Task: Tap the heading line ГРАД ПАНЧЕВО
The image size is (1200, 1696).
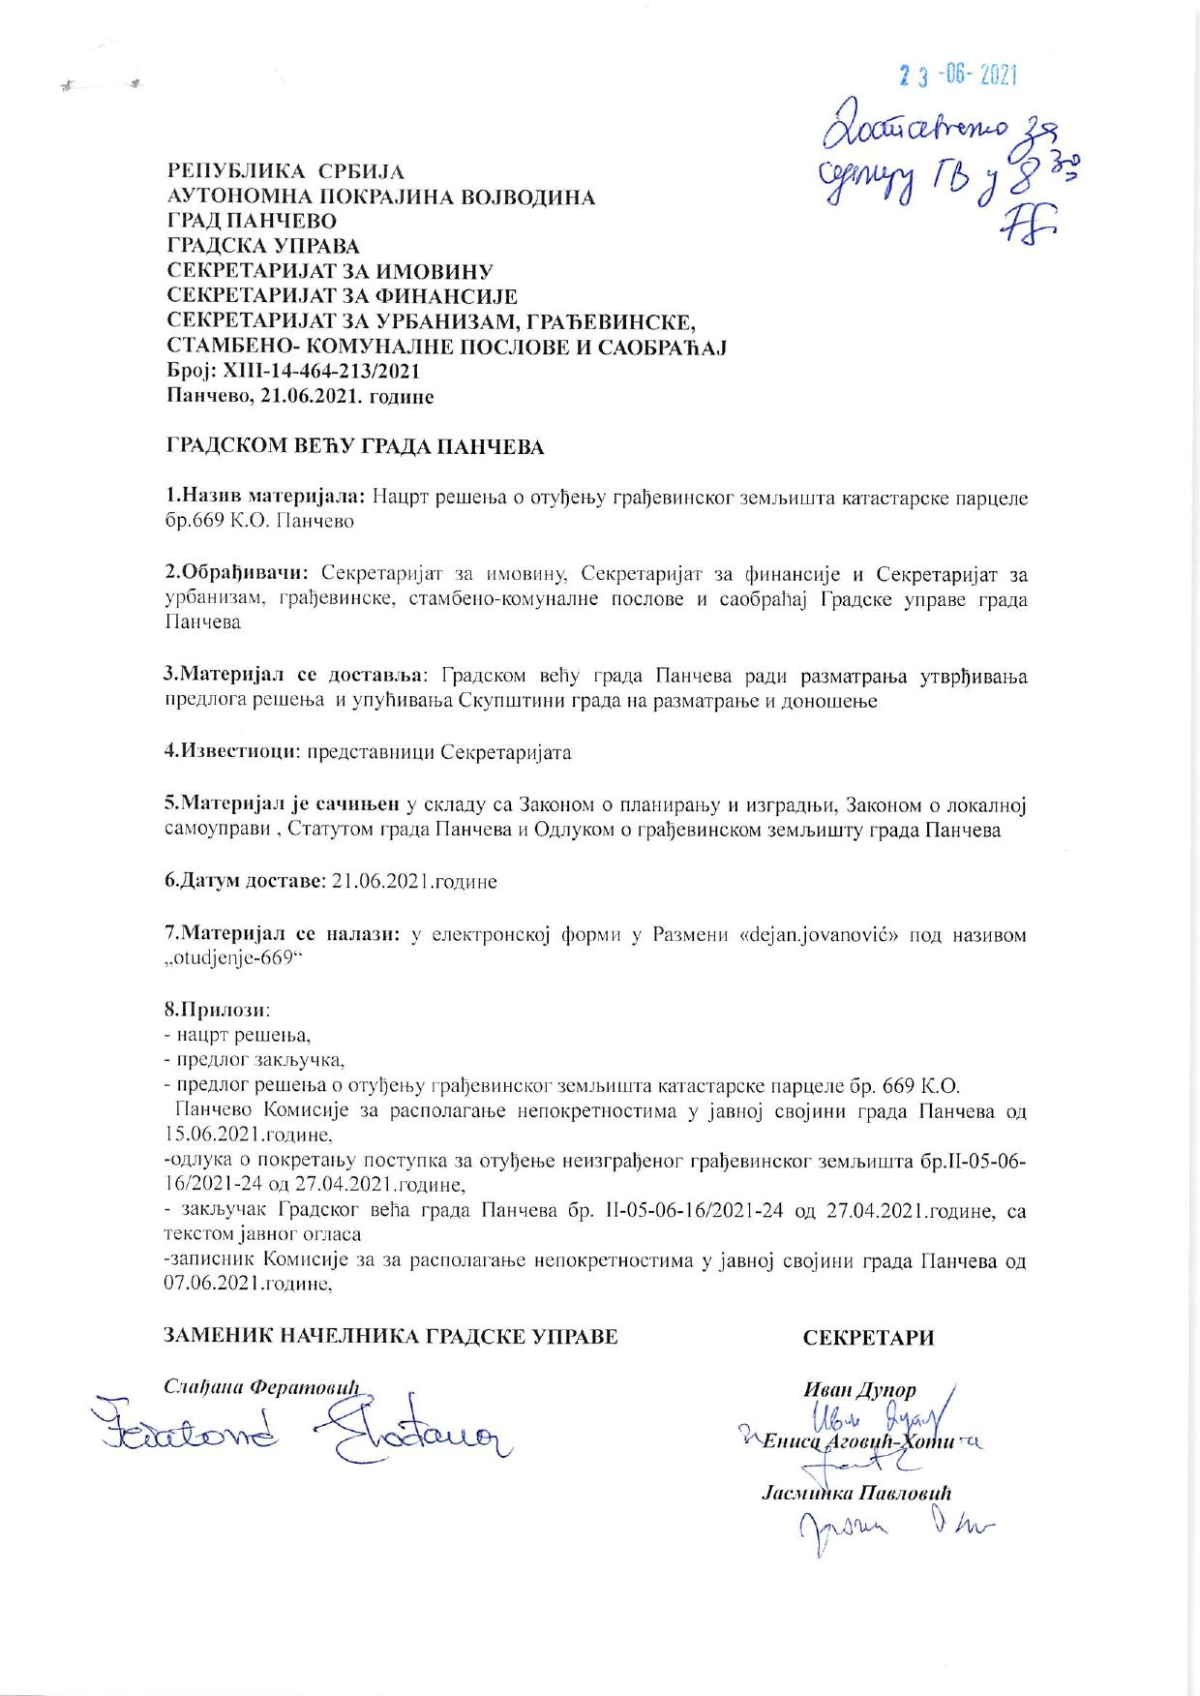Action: [x=252, y=222]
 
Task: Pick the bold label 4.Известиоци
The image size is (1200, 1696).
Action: [x=229, y=752]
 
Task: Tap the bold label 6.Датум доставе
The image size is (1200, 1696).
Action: [x=244, y=882]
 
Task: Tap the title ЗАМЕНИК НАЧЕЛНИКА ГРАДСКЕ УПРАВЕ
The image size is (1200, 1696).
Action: [x=392, y=1337]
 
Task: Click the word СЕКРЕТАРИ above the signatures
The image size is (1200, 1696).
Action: [x=868, y=1338]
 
